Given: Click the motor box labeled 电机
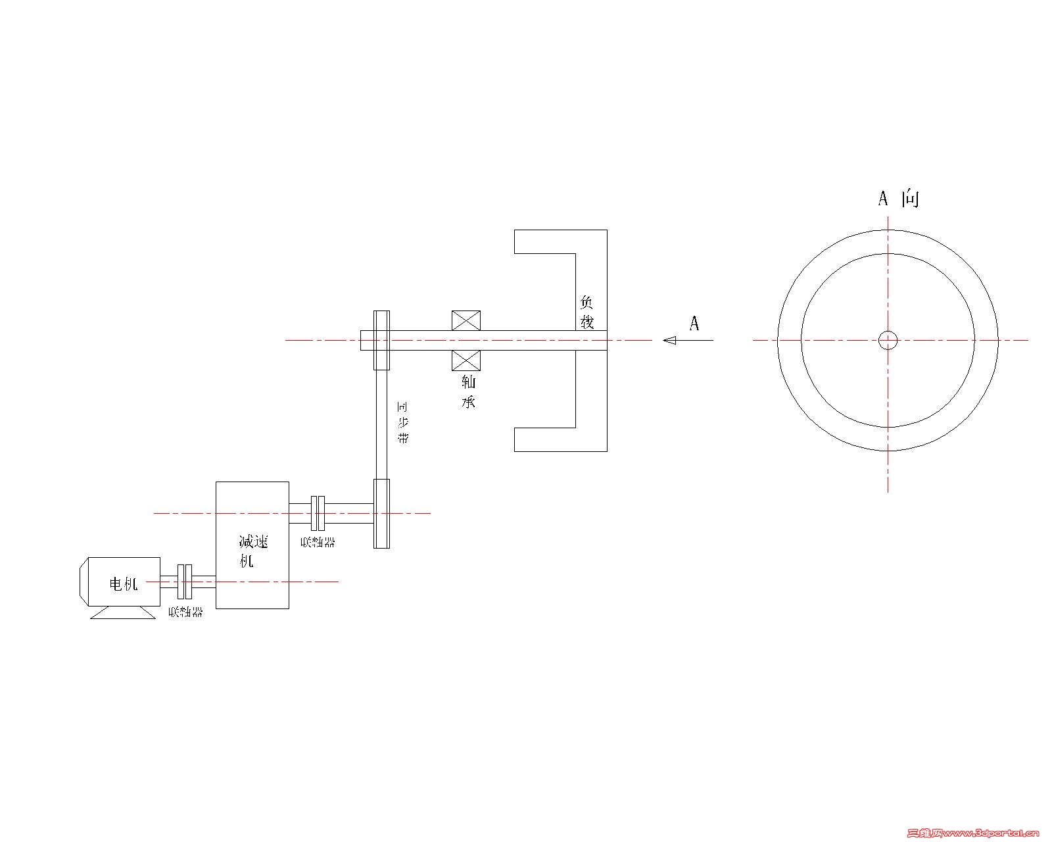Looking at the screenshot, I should (x=124, y=582).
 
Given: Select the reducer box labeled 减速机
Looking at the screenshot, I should (x=252, y=545).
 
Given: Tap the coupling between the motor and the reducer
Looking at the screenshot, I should (x=185, y=581).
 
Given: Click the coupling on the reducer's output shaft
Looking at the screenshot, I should (x=318, y=512).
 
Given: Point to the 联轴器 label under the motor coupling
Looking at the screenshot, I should (x=185, y=612).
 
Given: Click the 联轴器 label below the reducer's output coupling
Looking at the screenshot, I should (x=318, y=543).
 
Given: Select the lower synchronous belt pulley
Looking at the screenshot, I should (x=381, y=513).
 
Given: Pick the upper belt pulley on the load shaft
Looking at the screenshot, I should (x=382, y=340).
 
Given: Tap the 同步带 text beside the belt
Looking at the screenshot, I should (x=402, y=422).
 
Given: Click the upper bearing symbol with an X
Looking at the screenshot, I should (x=466, y=320).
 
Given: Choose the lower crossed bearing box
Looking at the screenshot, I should (x=466, y=360).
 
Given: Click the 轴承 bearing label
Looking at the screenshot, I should (x=468, y=391).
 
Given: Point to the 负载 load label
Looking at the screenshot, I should (x=586, y=312).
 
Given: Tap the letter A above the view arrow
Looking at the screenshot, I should (x=694, y=323).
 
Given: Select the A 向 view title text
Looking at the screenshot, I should (x=898, y=198).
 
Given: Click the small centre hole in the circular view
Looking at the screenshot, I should (x=888, y=340).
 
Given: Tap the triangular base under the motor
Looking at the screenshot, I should (x=121, y=612).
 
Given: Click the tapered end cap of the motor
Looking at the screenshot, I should (x=83, y=582).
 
